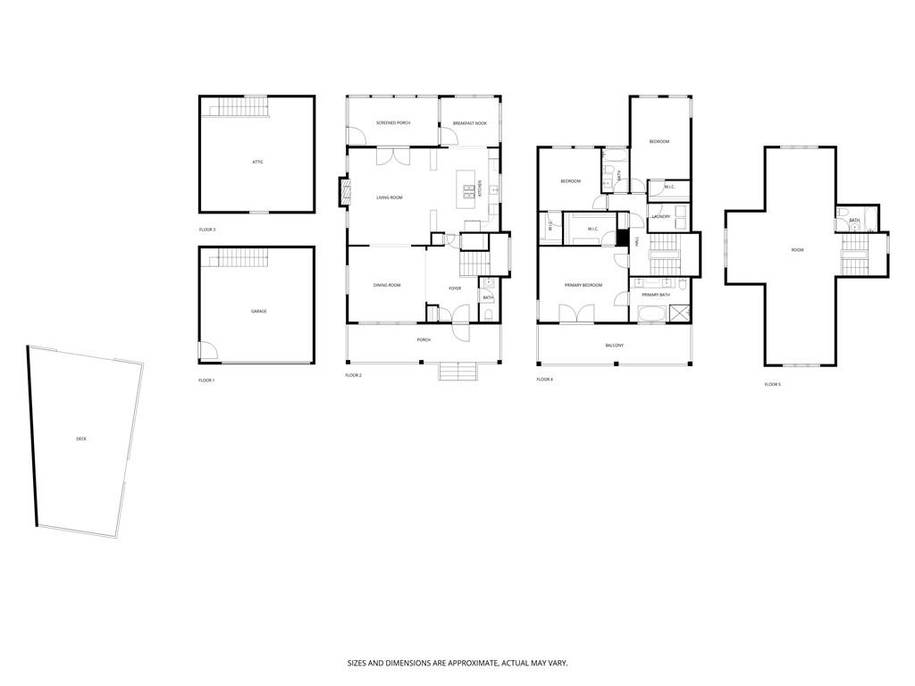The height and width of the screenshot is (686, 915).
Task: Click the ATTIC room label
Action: click(257, 162)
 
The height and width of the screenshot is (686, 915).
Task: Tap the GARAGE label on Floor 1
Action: click(258, 311)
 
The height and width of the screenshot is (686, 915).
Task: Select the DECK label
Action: click(81, 439)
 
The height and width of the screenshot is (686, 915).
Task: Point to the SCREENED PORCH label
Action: click(392, 122)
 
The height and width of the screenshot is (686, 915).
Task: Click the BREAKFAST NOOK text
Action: click(469, 122)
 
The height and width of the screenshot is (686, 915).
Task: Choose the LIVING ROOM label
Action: click(389, 197)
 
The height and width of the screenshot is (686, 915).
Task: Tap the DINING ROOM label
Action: click(387, 285)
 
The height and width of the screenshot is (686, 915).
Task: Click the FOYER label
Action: click(455, 289)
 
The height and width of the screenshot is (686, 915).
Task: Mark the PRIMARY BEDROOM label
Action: click(583, 285)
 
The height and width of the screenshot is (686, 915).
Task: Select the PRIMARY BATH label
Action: click(655, 295)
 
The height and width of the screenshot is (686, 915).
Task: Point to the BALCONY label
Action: click(614, 345)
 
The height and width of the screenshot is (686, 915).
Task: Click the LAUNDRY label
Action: click(661, 216)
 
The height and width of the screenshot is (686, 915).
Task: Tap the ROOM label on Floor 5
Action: click(797, 250)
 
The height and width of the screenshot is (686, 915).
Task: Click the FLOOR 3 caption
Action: click(207, 230)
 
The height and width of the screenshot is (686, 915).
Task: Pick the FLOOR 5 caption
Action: click(772, 384)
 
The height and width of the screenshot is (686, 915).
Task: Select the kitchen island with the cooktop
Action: click(466, 190)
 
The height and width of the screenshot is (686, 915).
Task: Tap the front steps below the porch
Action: click(459, 371)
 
